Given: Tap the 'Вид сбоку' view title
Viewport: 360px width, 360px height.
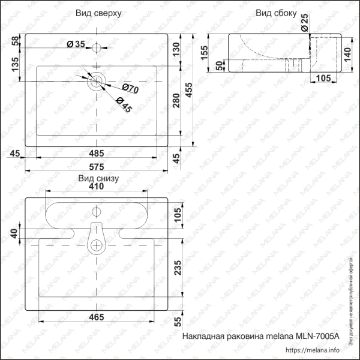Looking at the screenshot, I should coord(276,13).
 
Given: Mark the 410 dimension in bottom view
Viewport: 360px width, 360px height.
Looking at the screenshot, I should coord(97,187).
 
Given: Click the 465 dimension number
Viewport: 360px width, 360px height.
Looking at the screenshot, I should coord(96,317).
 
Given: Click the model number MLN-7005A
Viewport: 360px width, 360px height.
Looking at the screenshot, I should coord(318,338).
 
